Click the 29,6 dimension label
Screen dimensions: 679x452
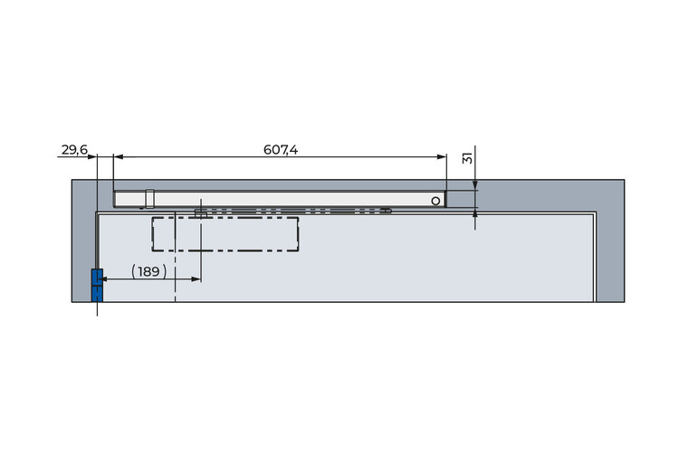tap(74, 150)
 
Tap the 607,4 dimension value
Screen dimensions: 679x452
tap(281, 150)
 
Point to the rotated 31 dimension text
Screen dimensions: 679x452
tap(467, 157)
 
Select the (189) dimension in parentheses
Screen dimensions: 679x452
tap(149, 271)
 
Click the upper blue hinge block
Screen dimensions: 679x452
tap(98, 277)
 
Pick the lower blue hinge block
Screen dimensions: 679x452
tap(98, 294)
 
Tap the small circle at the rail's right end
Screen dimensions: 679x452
tap(435, 201)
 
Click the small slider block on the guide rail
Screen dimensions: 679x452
tap(149, 199)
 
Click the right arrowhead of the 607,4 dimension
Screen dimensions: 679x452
tap(441, 156)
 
